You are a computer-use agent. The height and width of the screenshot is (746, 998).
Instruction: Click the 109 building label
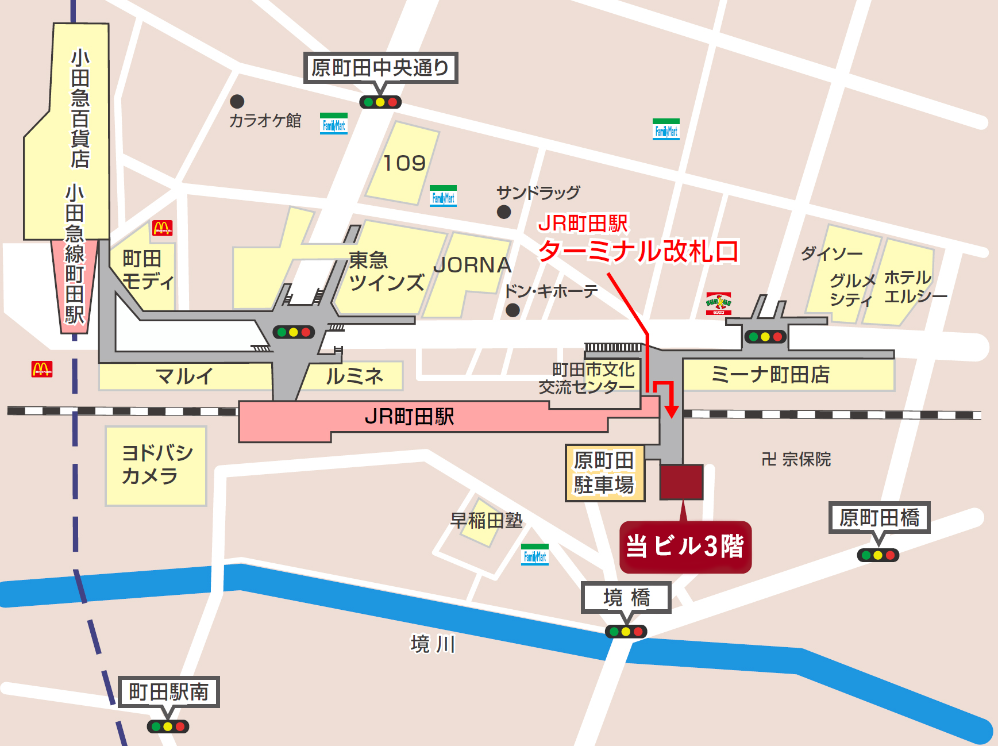404,163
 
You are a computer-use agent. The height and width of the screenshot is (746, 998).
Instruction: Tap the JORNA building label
472,265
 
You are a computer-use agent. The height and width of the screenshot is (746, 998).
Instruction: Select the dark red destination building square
681,482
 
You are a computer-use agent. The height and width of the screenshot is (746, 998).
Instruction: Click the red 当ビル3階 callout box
685,547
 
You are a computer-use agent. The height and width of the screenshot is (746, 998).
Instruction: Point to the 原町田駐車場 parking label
604,473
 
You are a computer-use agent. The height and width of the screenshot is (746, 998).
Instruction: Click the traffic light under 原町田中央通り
380,102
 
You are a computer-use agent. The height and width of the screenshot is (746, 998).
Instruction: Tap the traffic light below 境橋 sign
626,632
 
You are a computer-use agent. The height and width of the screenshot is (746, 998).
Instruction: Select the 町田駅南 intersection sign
168,691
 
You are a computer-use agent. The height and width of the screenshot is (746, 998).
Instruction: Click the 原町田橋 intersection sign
878,518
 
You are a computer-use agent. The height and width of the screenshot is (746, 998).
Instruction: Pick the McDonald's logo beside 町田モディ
162,228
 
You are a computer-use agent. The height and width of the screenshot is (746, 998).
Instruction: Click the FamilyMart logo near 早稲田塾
534,555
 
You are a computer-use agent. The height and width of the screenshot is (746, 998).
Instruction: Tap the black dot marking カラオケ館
237,102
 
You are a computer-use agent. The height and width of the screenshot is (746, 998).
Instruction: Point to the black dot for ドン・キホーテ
513,310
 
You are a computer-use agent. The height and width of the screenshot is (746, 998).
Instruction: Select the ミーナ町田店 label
770,375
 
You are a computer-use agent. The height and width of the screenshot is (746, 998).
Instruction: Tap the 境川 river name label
433,644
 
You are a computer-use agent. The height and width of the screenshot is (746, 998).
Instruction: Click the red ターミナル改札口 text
638,252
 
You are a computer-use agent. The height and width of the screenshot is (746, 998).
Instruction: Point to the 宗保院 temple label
796,459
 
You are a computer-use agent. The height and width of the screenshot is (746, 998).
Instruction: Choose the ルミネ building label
354,376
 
